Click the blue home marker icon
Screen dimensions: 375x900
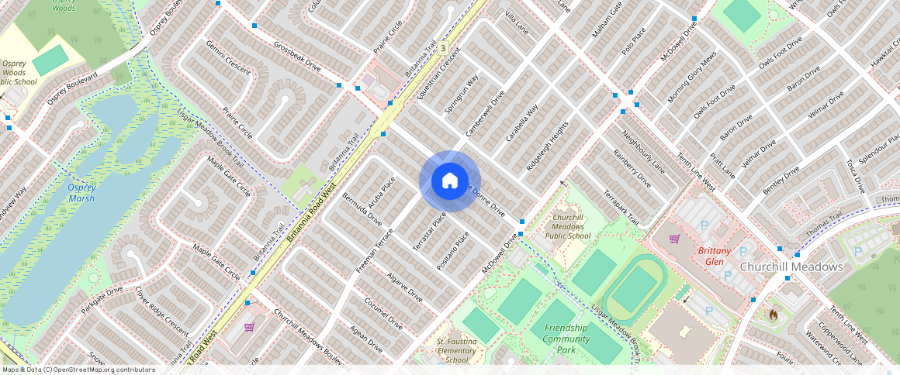(449, 181)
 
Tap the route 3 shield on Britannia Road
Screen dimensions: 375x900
(442, 48)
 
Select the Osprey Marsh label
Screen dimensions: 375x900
(80, 193)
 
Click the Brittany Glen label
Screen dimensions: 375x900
(714, 256)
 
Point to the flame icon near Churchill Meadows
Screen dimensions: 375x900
(772, 315)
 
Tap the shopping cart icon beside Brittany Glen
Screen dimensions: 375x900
(674, 239)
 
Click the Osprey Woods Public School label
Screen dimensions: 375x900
(19, 72)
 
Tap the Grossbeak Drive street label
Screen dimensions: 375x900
(296, 54)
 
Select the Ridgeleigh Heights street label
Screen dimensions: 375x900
(547, 146)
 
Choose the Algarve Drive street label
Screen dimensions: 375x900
(404, 285)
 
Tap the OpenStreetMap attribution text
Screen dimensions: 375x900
(78, 370)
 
